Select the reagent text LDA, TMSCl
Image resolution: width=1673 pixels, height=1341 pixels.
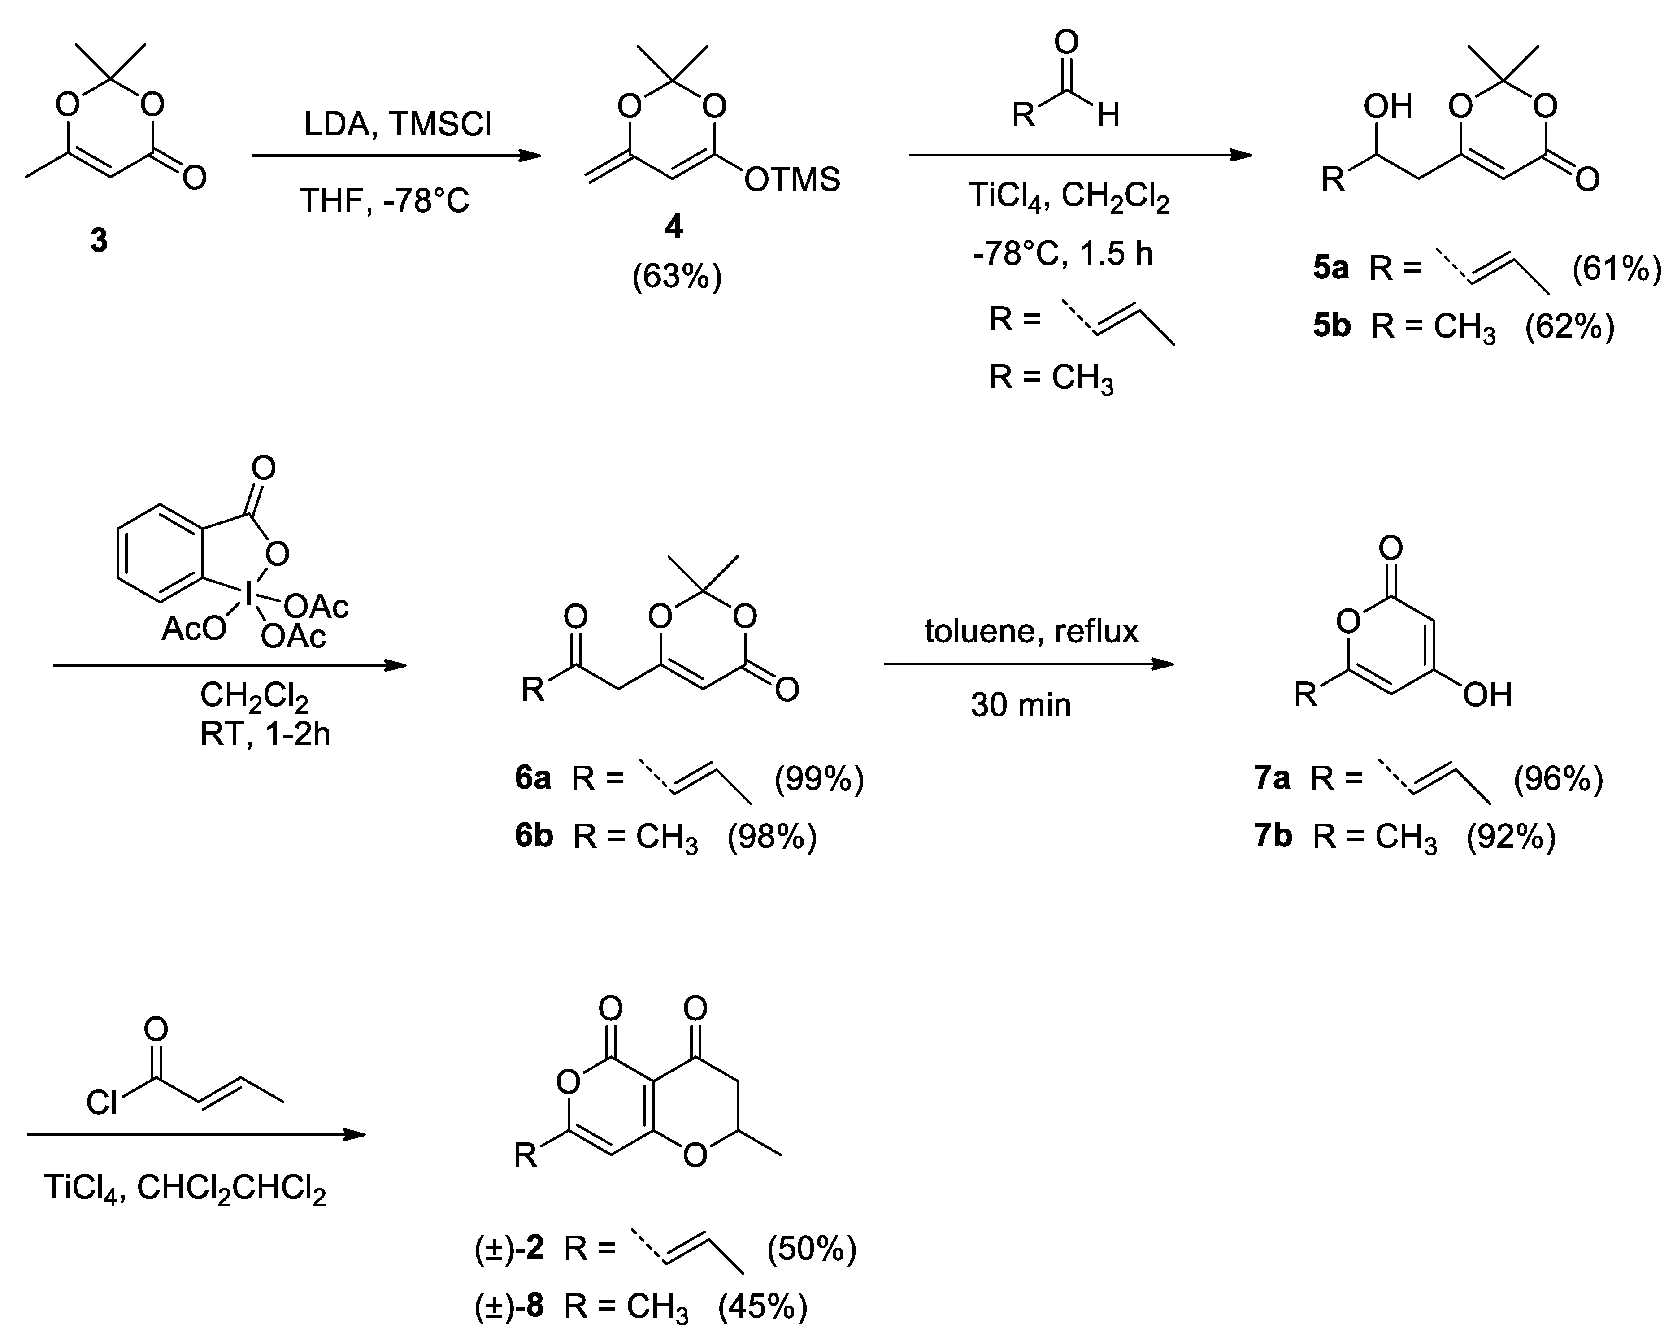(x=397, y=124)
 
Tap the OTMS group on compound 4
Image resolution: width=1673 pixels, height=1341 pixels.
(x=791, y=180)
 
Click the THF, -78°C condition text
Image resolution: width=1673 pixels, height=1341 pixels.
(x=385, y=202)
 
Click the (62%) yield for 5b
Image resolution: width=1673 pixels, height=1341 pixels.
(x=1569, y=327)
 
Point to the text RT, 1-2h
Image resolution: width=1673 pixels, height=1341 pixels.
(x=265, y=733)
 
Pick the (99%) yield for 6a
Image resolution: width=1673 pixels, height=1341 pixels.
(x=819, y=778)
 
